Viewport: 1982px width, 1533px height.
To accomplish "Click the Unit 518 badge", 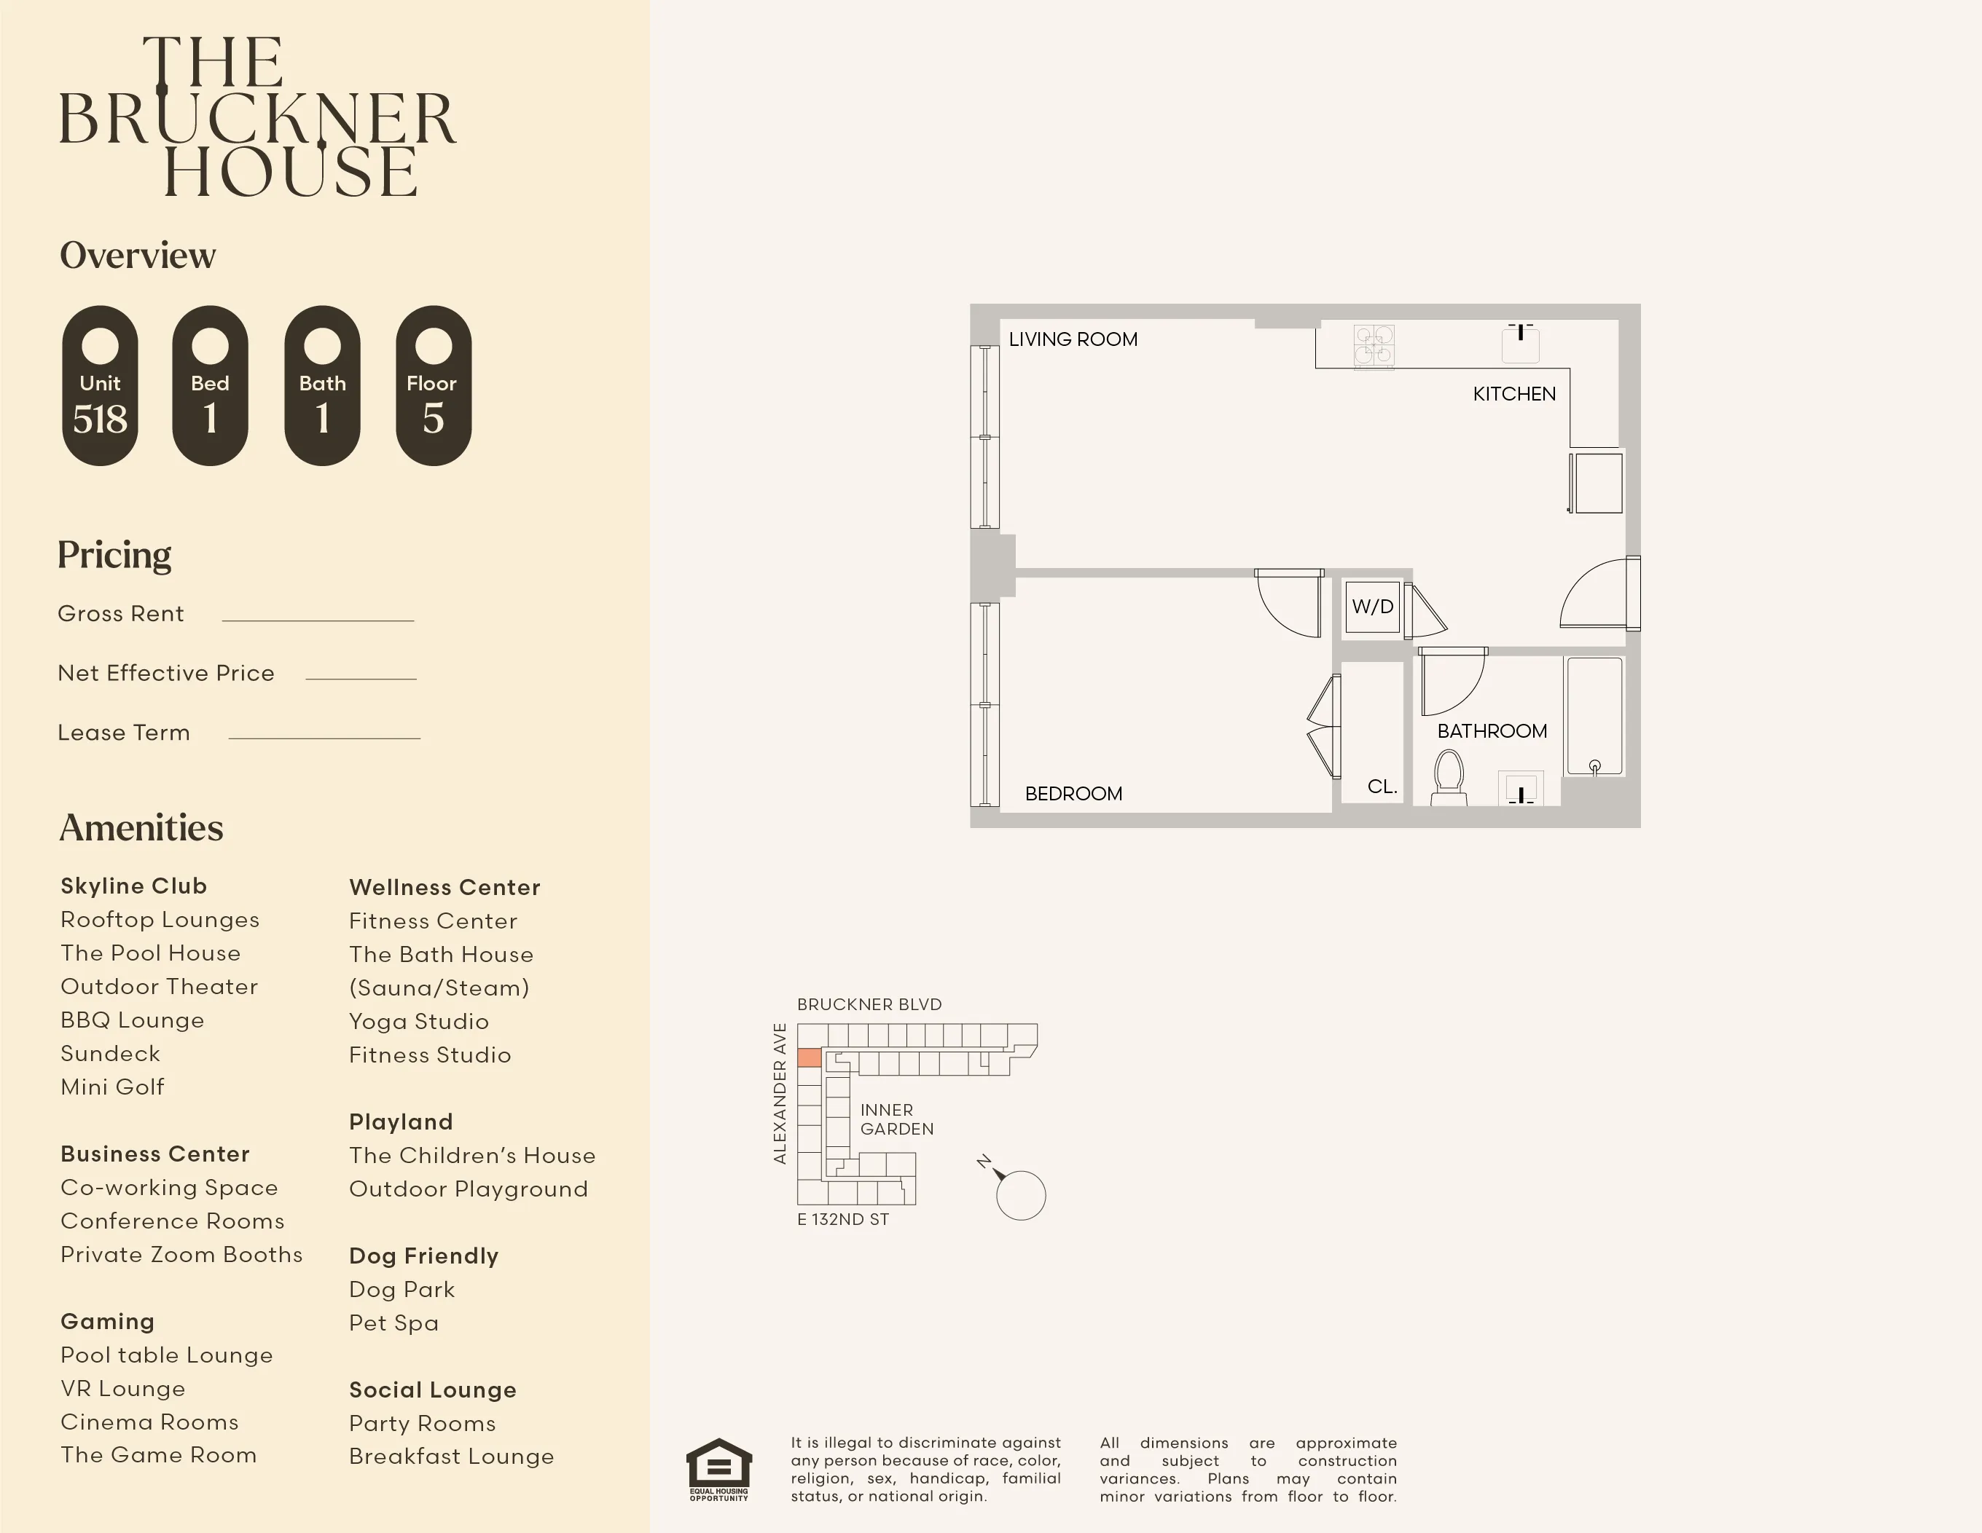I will (100, 385).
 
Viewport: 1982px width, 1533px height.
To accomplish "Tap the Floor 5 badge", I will (433, 385).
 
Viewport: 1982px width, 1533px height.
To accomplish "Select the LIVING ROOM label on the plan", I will (1073, 339).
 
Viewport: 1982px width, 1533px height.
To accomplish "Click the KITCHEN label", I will (1513, 394).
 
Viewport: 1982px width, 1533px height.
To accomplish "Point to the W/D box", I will (1372, 607).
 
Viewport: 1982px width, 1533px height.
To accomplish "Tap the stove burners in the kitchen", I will (1374, 346).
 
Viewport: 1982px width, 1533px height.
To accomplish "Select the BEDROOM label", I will (1073, 794).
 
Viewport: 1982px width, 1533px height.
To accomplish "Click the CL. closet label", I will (1382, 787).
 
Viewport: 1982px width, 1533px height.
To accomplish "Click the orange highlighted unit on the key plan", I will (809, 1057).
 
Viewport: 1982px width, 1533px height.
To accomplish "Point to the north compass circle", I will (1021, 1196).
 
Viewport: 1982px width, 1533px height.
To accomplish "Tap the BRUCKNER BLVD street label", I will (869, 1004).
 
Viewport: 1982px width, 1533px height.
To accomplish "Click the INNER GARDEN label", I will (896, 1119).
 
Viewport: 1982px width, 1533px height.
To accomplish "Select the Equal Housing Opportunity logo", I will (718, 1469).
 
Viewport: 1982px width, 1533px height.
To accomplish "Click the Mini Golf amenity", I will (112, 1087).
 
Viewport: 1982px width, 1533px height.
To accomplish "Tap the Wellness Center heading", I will (444, 887).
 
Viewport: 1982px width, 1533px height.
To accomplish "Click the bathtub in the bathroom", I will (1594, 717).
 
